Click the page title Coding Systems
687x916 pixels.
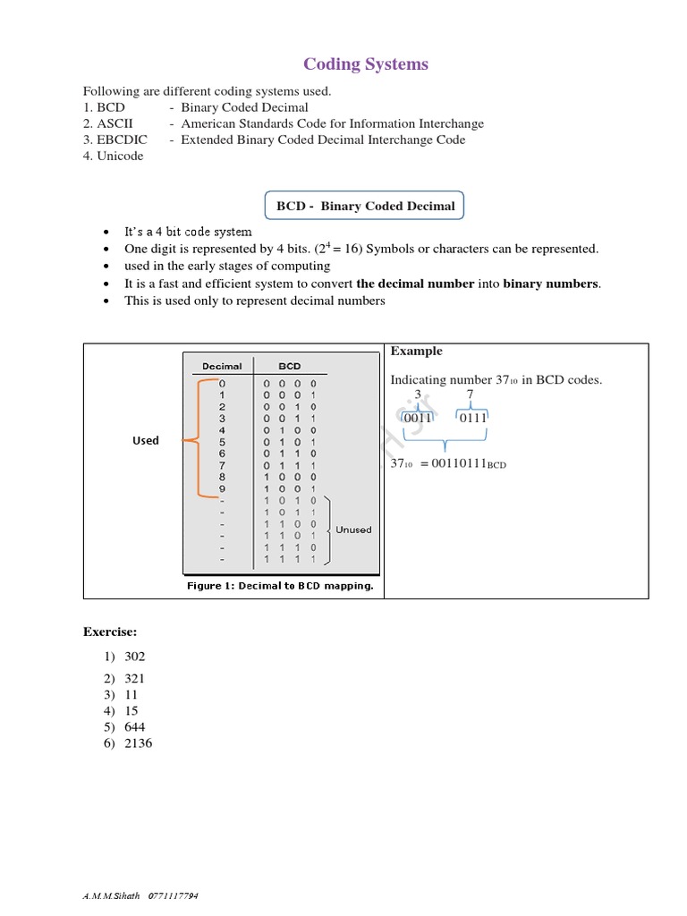[366, 64]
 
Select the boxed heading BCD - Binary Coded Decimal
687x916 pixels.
[365, 207]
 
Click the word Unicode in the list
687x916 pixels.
[120, 156]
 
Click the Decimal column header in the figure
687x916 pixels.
[222, 366]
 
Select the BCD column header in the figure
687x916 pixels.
[290, 366]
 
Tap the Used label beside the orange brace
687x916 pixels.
[146, 440]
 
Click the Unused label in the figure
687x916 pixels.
[353, 530]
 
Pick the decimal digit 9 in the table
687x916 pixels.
[222, 488]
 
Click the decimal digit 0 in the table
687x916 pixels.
[222, 383]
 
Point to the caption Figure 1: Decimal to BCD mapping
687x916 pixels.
[280, 586]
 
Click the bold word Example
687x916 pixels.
[416, 351]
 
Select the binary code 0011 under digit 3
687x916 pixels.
[418, 418]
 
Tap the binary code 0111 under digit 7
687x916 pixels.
[473, 418]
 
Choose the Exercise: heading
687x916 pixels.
[110, 632]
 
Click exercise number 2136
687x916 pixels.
[139, 743]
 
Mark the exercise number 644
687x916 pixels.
[135, 727]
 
